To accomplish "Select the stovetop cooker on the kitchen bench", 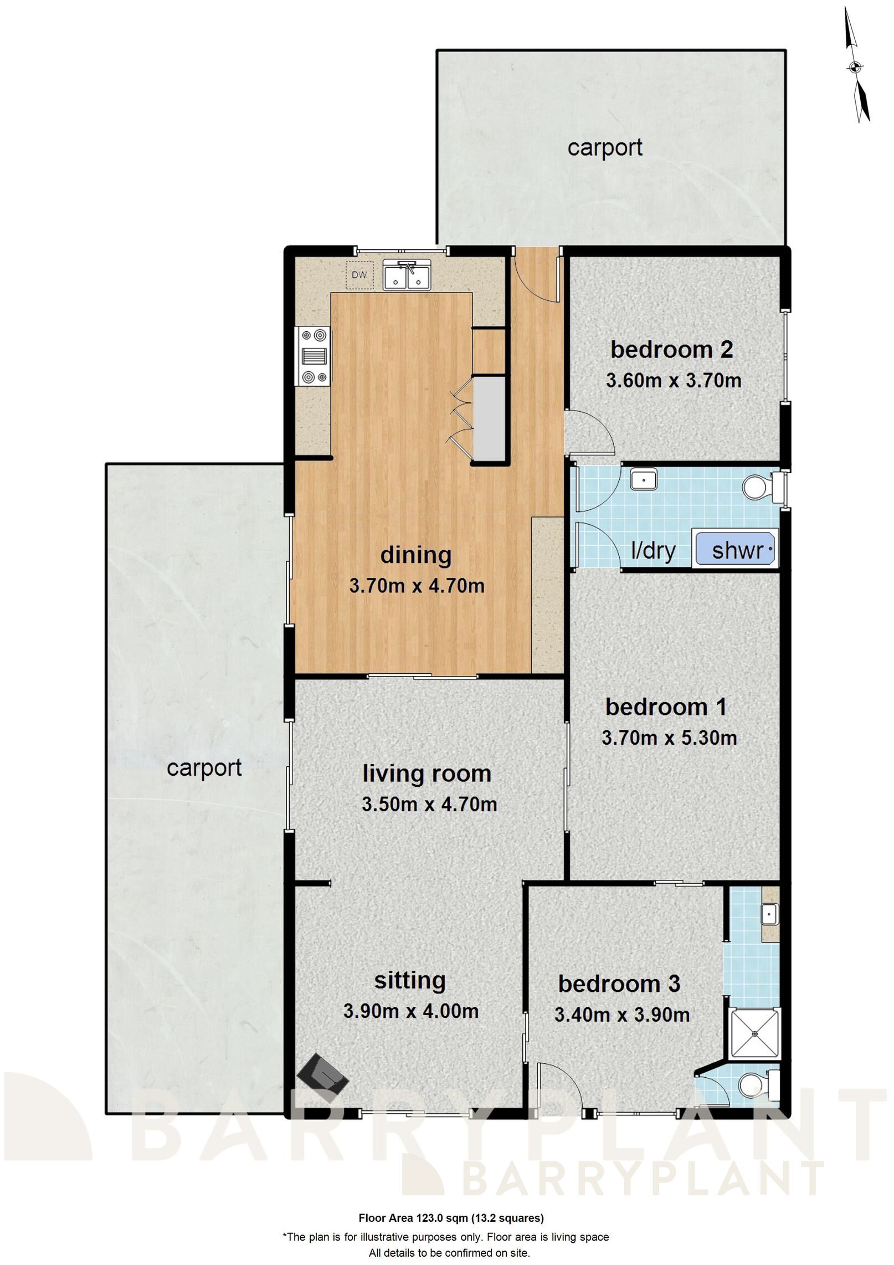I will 314,356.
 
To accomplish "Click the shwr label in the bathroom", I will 737,550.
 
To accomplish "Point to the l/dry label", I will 654,551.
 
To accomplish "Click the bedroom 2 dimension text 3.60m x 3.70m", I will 674,381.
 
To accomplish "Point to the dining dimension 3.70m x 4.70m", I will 417,586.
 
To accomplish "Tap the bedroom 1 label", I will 666,707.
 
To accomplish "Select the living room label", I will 427,774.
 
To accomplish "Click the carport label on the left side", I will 204,768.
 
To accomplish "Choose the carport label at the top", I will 605,147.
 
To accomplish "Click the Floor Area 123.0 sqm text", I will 451,1202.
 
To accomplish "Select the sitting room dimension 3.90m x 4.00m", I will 411,1011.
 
